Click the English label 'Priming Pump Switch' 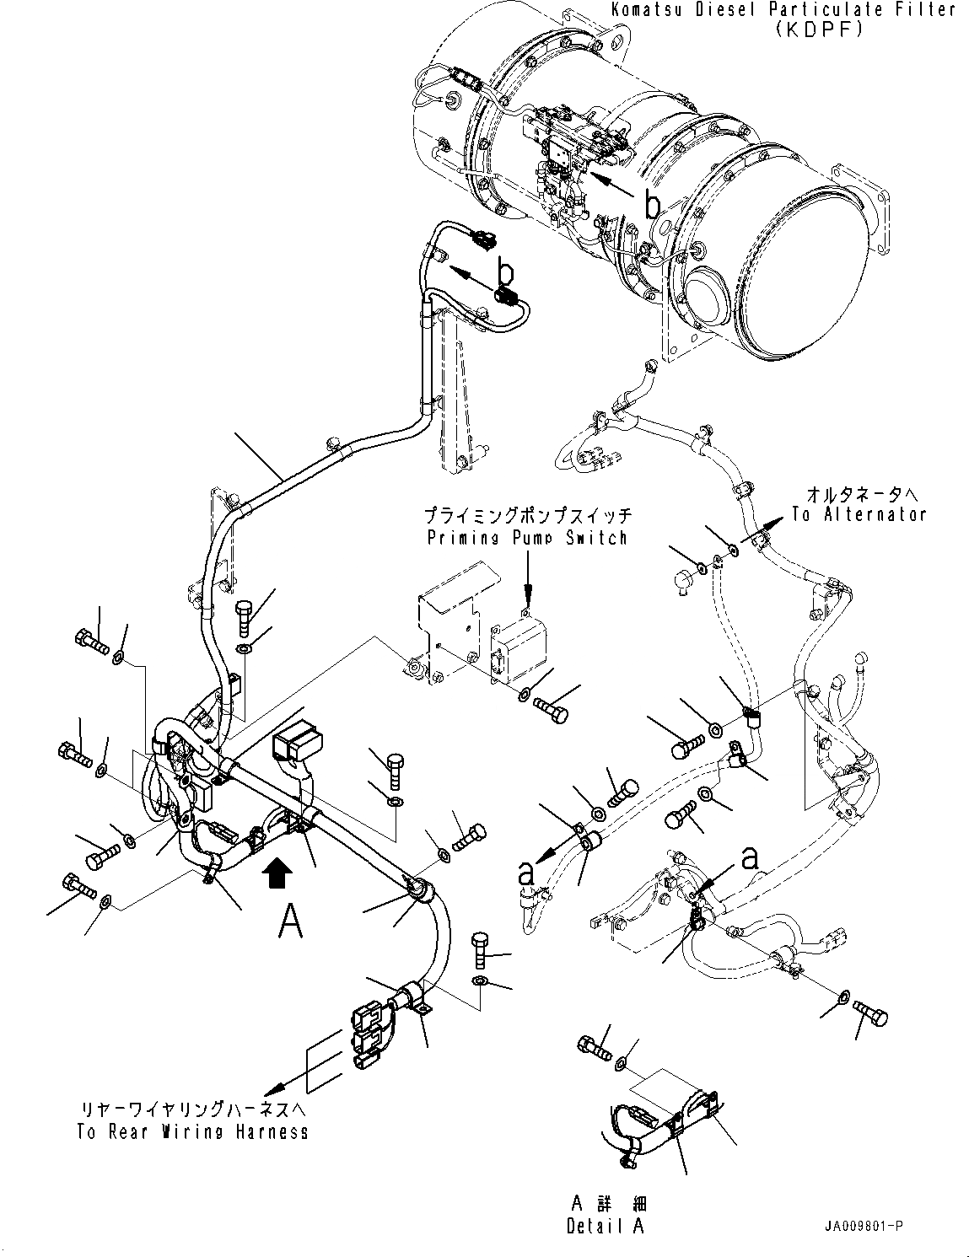tap(527, 537)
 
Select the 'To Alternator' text tap(859, 514)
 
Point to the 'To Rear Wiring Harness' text tap(192, 1131)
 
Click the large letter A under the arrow tap(290, 921)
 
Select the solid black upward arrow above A tap(279, 872)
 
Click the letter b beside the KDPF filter tap(651, 203)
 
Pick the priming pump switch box tap(518, 645)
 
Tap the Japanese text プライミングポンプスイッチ tap(527, 515)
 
